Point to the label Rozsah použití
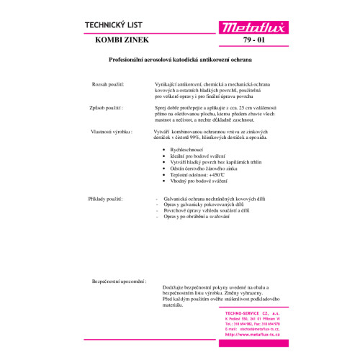click(108, 85)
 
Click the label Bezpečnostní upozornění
click(119, 281)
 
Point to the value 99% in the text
click(202, 140)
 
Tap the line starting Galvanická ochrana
click(209, 197)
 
